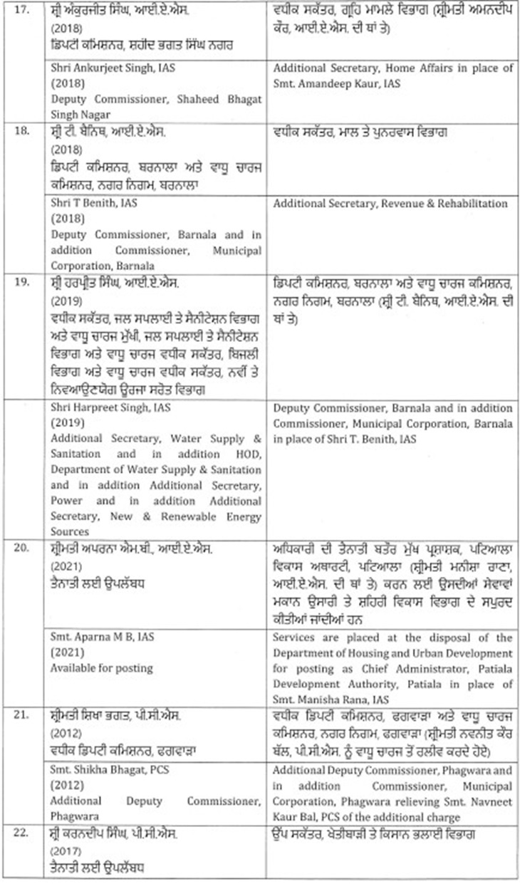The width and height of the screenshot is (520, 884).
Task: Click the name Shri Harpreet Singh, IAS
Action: [x=105, y=409]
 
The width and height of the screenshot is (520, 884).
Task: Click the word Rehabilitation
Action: [x=471, y=204]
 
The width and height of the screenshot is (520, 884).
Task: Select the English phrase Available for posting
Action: [x=101, y=669]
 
